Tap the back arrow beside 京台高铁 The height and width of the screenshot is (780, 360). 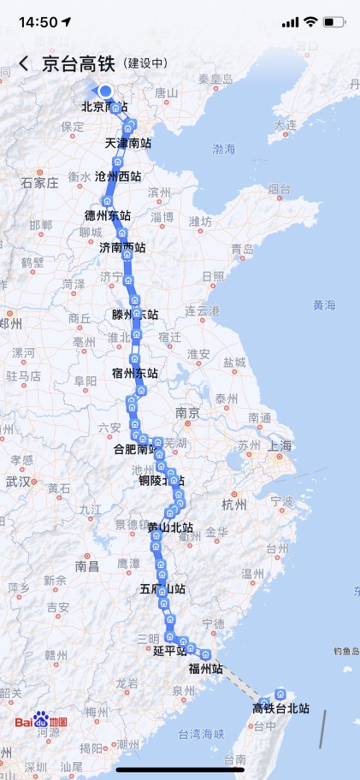coord(23,64)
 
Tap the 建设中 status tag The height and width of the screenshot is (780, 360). coord(145,64)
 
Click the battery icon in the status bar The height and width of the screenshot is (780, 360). coord(335,21)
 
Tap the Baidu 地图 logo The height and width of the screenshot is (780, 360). coord(40,721)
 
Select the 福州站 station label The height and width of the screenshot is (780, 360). coord(206,669)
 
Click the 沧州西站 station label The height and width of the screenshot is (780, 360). coord(119,177)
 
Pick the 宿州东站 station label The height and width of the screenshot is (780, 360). coord(135,373)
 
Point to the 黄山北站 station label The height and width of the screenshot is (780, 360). coord(170,528)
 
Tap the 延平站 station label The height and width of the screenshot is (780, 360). coord(169,651)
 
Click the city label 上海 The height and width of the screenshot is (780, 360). coord(280,446)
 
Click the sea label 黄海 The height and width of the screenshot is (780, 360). coord(324,304)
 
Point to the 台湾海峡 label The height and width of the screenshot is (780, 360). coord(201,733)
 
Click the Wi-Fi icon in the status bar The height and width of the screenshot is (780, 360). coord(310,21)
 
